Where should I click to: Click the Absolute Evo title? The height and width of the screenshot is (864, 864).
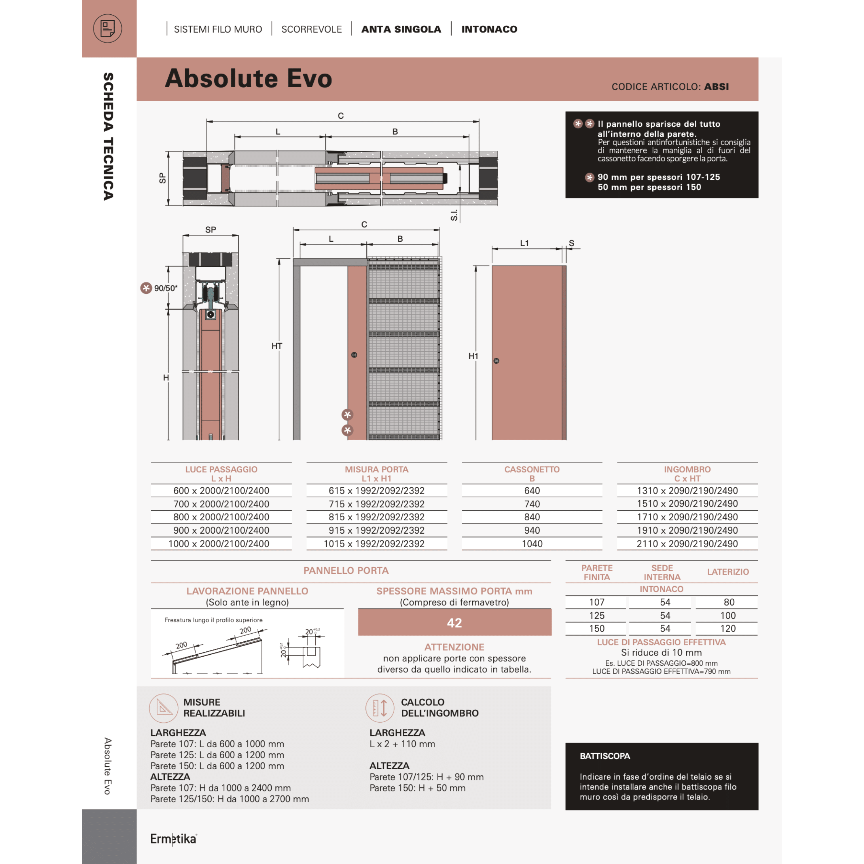[248, 79]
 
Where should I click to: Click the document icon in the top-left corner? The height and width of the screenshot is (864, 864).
[107, 29]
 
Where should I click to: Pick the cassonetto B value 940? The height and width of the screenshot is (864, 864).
[532, 530]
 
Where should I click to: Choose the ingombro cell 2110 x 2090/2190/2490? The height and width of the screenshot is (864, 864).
[687, 544]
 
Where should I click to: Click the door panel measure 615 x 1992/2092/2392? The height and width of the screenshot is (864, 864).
[376, 490]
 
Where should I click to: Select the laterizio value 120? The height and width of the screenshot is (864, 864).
[727, 628]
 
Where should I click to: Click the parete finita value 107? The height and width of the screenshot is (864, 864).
[596, 602]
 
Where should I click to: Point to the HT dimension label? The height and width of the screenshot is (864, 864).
[276, 346]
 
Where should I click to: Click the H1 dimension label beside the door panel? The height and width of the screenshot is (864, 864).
[473, 357]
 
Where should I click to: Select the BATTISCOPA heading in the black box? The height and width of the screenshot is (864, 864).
[605, 756]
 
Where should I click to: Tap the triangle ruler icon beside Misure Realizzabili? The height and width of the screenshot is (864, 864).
[163, 708]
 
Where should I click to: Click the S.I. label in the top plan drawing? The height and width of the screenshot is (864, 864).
[454, 215]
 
